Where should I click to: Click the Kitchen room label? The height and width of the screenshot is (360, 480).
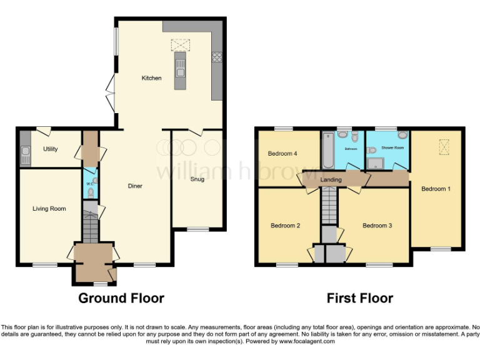click(x=151, y=78)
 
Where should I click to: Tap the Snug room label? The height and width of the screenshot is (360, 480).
click(x=197, y=179)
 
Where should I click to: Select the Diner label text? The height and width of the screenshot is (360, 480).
click(x=135, y=186)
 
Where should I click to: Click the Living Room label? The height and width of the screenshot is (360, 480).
click(x=49, y=209)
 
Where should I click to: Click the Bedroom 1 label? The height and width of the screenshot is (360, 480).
click(x=436, y=189)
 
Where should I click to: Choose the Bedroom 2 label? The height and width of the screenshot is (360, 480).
click(x=286, y=226)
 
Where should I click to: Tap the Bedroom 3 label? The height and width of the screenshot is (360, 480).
click(x=377, y=226)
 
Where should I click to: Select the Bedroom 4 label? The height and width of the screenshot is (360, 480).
click(x=283, y=154)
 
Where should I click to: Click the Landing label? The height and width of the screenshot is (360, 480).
click(x=331, y=180)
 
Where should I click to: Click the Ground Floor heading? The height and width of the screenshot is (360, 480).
click(x=121, y=298)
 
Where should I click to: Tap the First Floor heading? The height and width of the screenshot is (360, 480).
click(x=360, y=298)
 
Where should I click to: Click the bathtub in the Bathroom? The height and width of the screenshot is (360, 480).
click(x=328, y=150)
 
